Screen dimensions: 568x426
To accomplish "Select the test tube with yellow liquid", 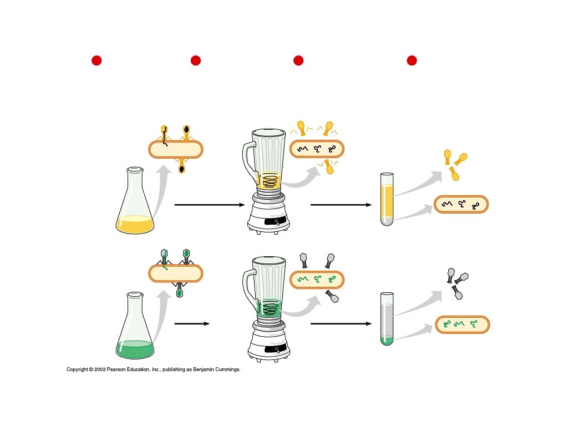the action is (x=387, y=200).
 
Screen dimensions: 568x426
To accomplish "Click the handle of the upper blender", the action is (x=248, y=161).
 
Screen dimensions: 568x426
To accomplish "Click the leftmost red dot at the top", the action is (x=97, y=60).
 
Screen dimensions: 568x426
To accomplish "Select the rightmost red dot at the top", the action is (x=412, y=60).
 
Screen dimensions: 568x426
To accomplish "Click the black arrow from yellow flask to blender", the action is (x=209, y=205).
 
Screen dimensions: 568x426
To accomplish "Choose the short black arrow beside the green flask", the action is (x=192, y=323).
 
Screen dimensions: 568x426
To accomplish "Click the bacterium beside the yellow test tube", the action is (x=461, y=204).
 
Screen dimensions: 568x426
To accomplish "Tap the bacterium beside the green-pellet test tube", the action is (x=463, y=324).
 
